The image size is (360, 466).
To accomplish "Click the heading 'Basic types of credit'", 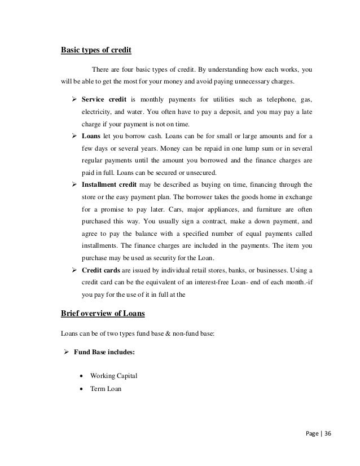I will point(96,50).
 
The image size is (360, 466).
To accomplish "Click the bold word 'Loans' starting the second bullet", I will point(91,137).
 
